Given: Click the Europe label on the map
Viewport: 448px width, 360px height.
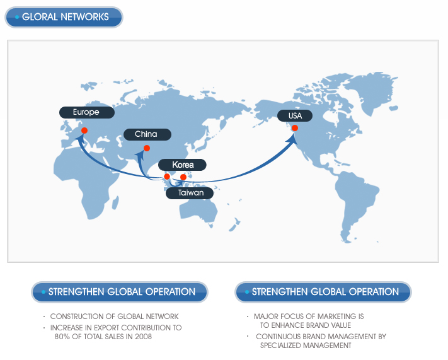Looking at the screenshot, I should coord(87,112).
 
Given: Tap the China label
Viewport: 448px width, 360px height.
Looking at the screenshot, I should coord(146,134).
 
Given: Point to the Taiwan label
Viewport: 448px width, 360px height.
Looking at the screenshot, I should coord(190,193).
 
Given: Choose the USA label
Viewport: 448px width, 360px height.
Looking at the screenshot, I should coord(295,116).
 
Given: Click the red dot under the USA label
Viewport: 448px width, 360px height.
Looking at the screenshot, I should coord(294,128).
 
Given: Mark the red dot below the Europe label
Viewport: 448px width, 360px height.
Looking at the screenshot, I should coord(84,131).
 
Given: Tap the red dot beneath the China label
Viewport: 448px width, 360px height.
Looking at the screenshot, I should coord(147,149).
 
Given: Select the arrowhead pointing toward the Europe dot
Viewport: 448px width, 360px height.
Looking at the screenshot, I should coord(80,135).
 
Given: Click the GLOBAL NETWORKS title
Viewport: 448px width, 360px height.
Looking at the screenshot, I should coord(64,17).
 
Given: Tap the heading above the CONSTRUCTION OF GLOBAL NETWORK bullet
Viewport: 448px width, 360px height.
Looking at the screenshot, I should coord(120,292).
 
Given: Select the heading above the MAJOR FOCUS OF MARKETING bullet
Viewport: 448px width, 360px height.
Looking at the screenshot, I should coord(324,292).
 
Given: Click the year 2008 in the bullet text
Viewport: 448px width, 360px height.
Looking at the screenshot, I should coord(143,337).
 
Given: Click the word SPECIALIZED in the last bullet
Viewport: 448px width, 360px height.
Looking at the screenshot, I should coord(282,345).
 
